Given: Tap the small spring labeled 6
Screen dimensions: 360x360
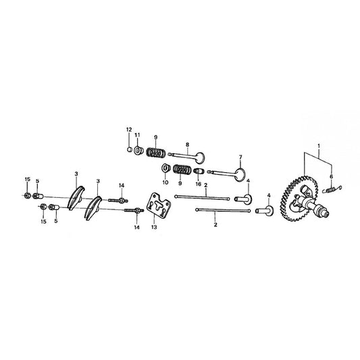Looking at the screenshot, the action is pos(332,190).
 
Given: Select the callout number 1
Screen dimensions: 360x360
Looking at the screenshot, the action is pos(318,146).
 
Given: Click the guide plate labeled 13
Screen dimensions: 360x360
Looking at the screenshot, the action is pos(159,205).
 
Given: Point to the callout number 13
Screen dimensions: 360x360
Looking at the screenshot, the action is pos(154,227).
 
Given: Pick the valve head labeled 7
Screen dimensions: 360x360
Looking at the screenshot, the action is pos(240,175).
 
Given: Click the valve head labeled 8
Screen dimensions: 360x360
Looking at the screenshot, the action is pos(200,158).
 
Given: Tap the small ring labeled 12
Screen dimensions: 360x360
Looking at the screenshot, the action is pos(130,149).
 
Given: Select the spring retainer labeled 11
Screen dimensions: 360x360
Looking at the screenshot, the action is pos(138,151).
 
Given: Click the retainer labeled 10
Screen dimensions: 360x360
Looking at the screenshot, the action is pos(165,168).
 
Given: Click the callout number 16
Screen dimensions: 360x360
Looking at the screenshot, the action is pos(198,184).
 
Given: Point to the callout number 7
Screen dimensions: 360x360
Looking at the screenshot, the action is pos(240,157).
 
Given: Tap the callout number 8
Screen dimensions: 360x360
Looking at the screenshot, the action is pos(187,145).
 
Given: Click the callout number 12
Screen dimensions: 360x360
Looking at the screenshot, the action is pos(129,130).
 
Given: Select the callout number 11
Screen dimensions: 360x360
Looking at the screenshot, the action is pos(137,135).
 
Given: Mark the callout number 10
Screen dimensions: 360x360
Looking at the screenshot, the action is pos(165,182).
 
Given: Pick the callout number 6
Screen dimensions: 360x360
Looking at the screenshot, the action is pos(331,176).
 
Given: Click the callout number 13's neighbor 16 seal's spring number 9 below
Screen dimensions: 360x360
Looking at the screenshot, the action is pos(180,184).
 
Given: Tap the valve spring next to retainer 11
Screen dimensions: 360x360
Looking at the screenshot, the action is pos(156,153).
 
